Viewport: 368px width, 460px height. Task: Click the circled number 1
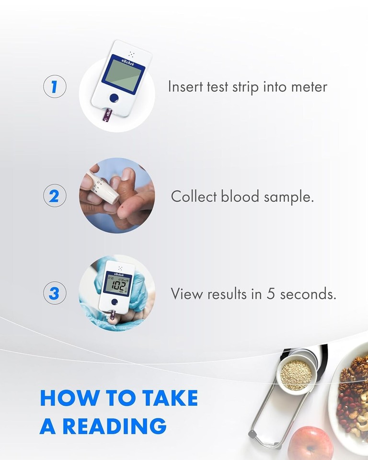point(55,87)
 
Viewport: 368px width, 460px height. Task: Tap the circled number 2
point(55,196)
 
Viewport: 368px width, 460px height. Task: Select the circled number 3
point(55,293)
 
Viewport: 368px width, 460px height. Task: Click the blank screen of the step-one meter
point(123,74)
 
